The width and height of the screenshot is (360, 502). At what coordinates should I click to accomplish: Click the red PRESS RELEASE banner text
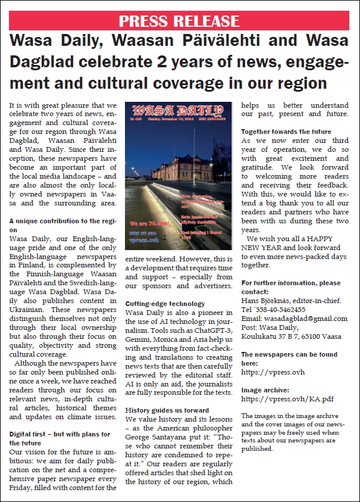(180, 21)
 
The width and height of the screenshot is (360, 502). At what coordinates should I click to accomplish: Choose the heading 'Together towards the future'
(286, 132)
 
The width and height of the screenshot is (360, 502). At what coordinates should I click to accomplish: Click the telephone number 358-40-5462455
(280, 309)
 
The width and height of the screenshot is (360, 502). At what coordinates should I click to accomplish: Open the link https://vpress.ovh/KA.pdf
(279, 398)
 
